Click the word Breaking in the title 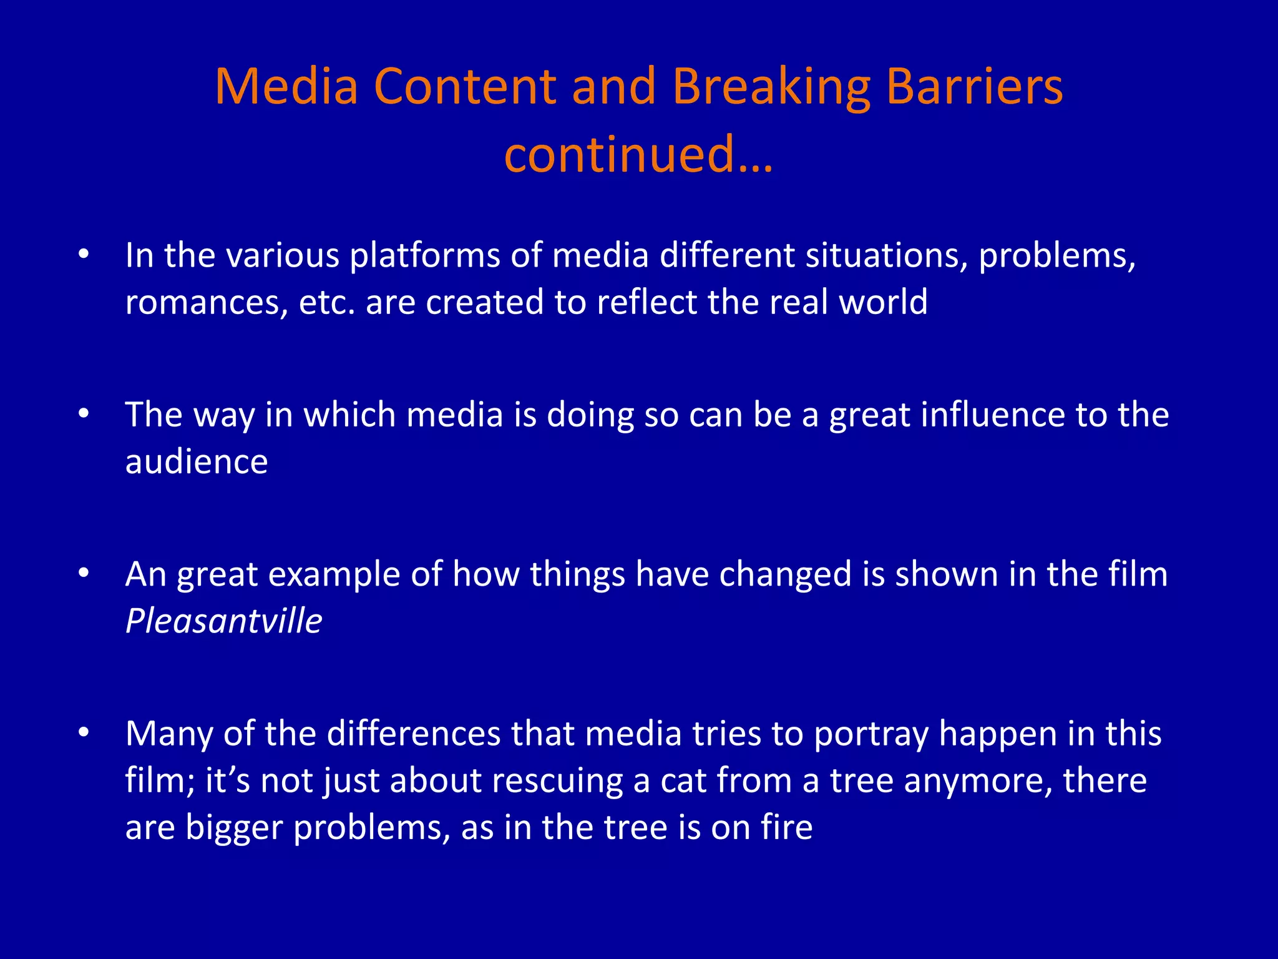[x=771, y=87]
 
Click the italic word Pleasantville [x=223, y=621]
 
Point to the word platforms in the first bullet [x=424, y=256]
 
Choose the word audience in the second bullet [x=197, y=462]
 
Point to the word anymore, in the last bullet [x=978, y=780]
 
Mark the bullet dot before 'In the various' [x=84, y=254]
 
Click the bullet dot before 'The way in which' [x=84, y=413]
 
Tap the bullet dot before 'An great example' [x=84, y=573]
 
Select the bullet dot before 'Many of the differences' [x=84, y=732]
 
